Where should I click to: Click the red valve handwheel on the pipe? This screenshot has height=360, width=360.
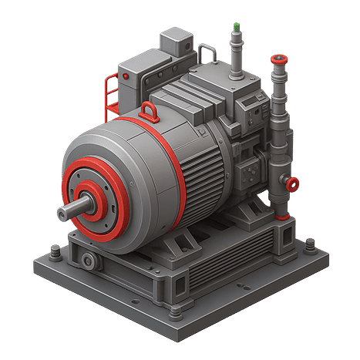click(291, 183)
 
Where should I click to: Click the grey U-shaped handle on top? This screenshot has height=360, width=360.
click(207, 54)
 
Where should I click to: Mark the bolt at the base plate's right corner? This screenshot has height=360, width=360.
click(309, 246)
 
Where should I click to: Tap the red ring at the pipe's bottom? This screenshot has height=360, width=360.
click(283, 218)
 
